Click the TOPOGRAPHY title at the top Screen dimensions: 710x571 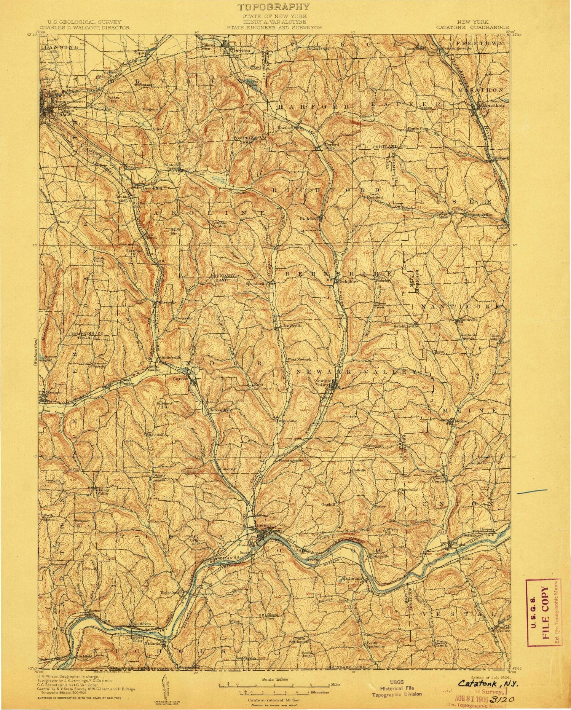(274, 7)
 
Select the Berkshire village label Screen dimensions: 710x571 (343, 281)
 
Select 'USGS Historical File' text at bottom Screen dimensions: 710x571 (396, 688)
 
